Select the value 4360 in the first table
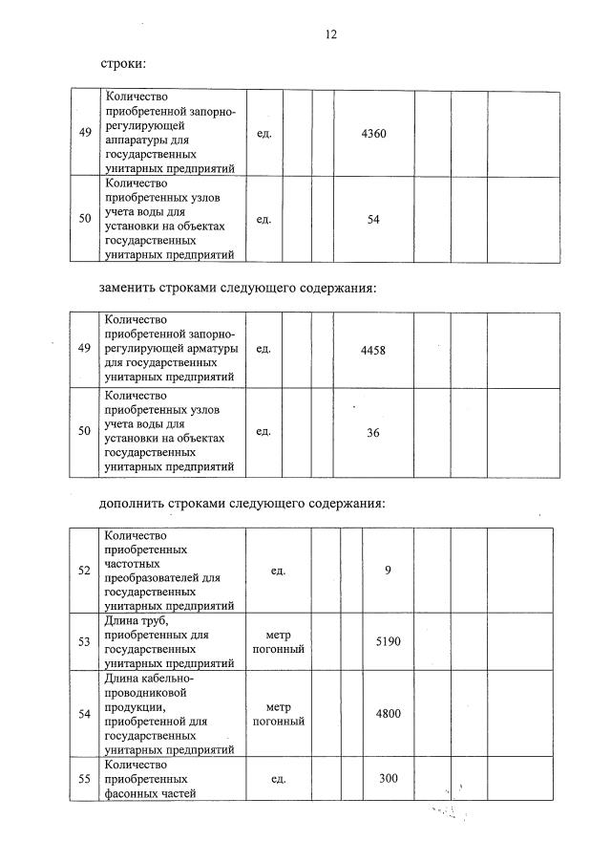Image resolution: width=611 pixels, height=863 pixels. [374, 133]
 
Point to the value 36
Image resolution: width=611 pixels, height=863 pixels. [373, 432]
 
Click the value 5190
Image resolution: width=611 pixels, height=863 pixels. [388, 641]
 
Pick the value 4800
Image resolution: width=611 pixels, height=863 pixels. [388, 713]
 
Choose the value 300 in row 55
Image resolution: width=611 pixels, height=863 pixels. [388, 779]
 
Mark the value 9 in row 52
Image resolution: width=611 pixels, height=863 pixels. [388, 571]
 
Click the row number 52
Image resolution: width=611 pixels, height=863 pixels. [84, 571]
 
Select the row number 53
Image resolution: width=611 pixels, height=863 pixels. [84, 641]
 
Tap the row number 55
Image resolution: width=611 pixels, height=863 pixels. [84, 779]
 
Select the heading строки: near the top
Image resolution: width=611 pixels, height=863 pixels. [123, 64]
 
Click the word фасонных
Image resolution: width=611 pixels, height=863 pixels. [135, 793]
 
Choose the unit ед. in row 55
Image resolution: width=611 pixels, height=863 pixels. [279, 779]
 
